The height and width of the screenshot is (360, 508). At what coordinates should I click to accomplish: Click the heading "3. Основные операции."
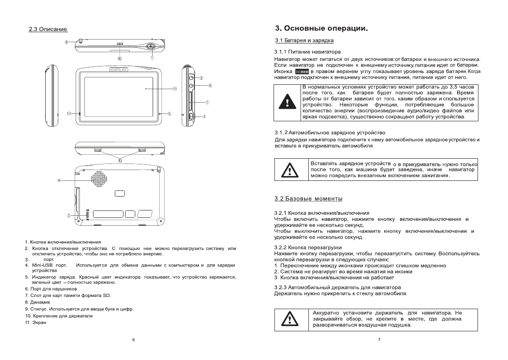[321, 29]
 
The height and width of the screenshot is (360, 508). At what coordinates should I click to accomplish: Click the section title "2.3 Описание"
[48, 30]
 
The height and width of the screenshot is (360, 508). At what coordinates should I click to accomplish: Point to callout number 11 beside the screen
[175, 89]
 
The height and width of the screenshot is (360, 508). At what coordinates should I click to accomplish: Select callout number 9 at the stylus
[67, 42]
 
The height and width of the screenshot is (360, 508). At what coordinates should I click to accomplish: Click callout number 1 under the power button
[153, 57]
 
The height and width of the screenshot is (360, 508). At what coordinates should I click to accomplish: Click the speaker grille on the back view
[99, 177]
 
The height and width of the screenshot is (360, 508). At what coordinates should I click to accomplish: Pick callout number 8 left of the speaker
[59, 180]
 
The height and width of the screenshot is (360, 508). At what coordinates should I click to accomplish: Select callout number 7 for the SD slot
[207, 103]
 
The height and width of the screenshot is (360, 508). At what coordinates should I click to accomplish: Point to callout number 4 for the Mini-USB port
[204, 117]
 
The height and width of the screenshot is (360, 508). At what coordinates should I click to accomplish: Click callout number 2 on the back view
[69, 215]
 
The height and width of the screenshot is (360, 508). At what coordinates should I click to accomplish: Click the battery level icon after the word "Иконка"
[302, 71]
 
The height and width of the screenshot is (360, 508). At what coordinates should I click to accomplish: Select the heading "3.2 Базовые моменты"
[308, 199]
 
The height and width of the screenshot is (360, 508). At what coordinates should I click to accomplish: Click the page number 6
[133, 339]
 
